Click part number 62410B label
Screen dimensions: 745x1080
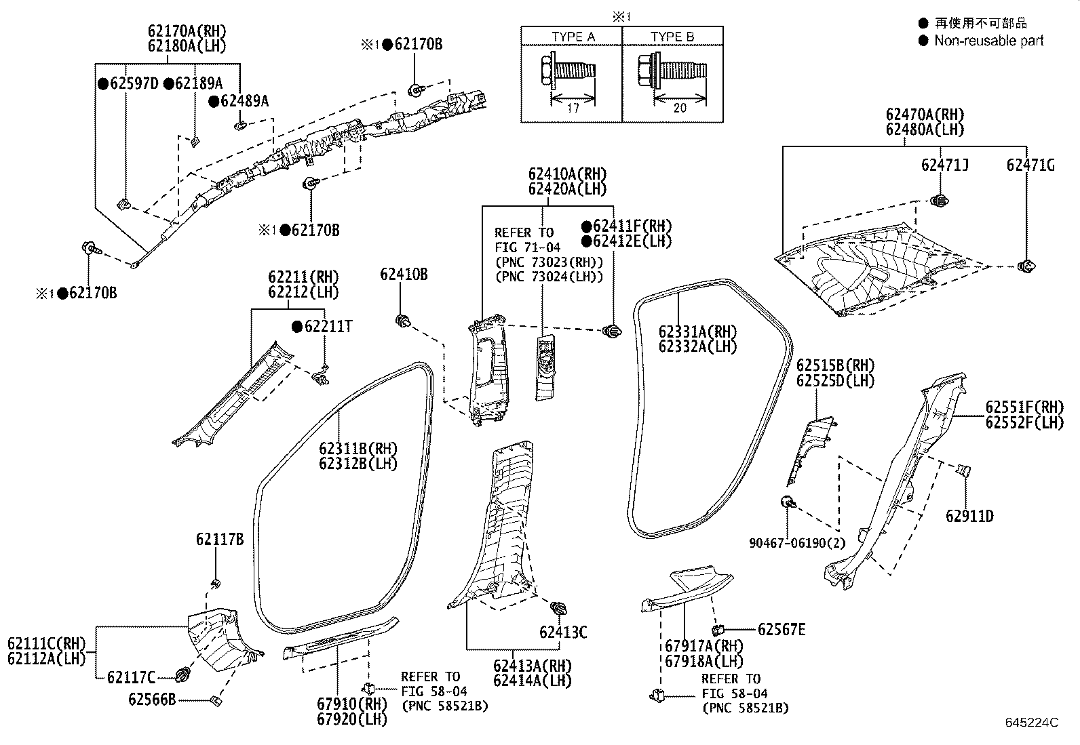[x=404, y=275]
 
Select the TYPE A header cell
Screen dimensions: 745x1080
[x=572, y=37]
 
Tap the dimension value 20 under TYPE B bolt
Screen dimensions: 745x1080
[x=680, y=108]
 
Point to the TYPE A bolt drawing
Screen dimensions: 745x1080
[x=568, y=70]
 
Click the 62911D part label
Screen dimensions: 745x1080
[x=969, y=517]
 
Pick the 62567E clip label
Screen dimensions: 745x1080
[x=781, y=630]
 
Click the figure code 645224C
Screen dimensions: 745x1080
[x=1031, y=723]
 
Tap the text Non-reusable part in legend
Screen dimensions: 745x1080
[x=988, y=41]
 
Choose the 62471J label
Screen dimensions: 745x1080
[x=944, y=165]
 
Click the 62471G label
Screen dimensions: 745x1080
[x=1030, y=165]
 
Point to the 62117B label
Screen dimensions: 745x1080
[x=219, y=540]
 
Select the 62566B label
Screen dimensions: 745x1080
[x=152, y=699]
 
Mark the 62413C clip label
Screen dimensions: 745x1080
[x=563, y=632]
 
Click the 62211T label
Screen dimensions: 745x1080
[x=328, y=327]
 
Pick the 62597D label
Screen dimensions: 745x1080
[x=133, y=83]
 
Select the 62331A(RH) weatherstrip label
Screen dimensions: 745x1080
[x=697, y=331]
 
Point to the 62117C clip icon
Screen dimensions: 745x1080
[x=182, y=675]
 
